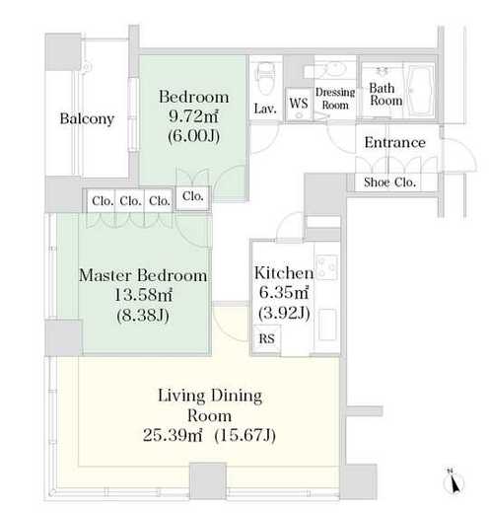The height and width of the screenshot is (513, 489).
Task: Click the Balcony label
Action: point(87,118)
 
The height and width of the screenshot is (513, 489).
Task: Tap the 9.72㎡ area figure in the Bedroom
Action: point(193,116)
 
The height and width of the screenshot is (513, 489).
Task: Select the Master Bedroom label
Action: point(143,275)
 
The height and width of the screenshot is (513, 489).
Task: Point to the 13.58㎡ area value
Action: point(143,295)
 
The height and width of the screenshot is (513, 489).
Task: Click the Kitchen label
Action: point(284,273)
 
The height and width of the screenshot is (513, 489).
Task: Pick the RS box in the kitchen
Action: point(266,338)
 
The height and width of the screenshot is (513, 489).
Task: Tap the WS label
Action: point(299,103)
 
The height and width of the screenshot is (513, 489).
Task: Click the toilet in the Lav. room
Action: point(265,78)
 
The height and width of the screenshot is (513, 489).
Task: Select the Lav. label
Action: point(265,109)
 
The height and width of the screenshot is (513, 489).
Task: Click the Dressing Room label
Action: point(335,99)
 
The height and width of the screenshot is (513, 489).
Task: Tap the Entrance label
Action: point(395,143)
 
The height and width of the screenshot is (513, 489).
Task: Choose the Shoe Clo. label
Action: point(389,183)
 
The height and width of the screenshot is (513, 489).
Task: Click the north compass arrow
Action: point(454,483)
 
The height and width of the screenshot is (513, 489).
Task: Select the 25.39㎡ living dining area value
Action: point(173,436)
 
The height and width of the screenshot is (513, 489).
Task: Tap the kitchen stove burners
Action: point(327,267)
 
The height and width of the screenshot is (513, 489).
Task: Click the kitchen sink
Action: point(327,325)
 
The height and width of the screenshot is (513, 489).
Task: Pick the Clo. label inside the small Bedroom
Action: point(192,196)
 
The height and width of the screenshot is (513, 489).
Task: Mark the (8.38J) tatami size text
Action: point(143,316)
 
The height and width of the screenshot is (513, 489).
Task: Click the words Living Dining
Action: point(210,396)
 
